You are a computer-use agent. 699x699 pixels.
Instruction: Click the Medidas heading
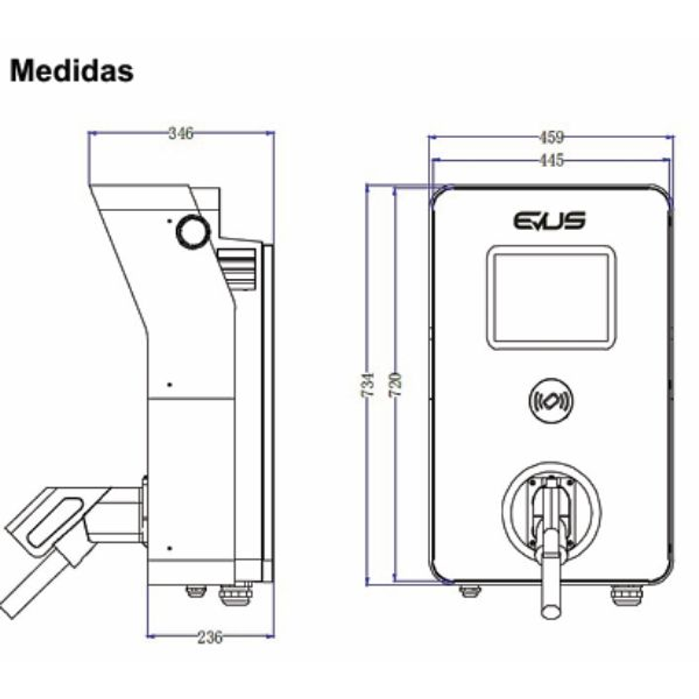click(71, 71)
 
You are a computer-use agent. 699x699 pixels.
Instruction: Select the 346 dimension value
click(181, 133)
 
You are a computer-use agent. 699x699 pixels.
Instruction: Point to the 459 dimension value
click(551, 137)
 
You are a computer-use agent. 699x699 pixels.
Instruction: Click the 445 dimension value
click(551, 160)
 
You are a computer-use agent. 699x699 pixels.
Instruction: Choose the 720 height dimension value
click(396, 385)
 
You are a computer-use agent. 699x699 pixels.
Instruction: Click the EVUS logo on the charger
click(550, 220)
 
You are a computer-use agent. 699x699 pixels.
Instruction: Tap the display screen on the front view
click(551, 297)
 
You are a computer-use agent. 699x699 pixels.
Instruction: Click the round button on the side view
click(193, 231)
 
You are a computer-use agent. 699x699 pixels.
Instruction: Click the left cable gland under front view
click(470, 591)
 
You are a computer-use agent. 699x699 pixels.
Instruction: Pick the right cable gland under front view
click(625, 595)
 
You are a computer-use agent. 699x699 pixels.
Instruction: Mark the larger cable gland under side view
click(235, 595)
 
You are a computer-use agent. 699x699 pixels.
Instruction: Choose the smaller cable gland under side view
click(196, 591)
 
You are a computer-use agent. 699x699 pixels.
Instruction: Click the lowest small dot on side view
click(169, 548)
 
